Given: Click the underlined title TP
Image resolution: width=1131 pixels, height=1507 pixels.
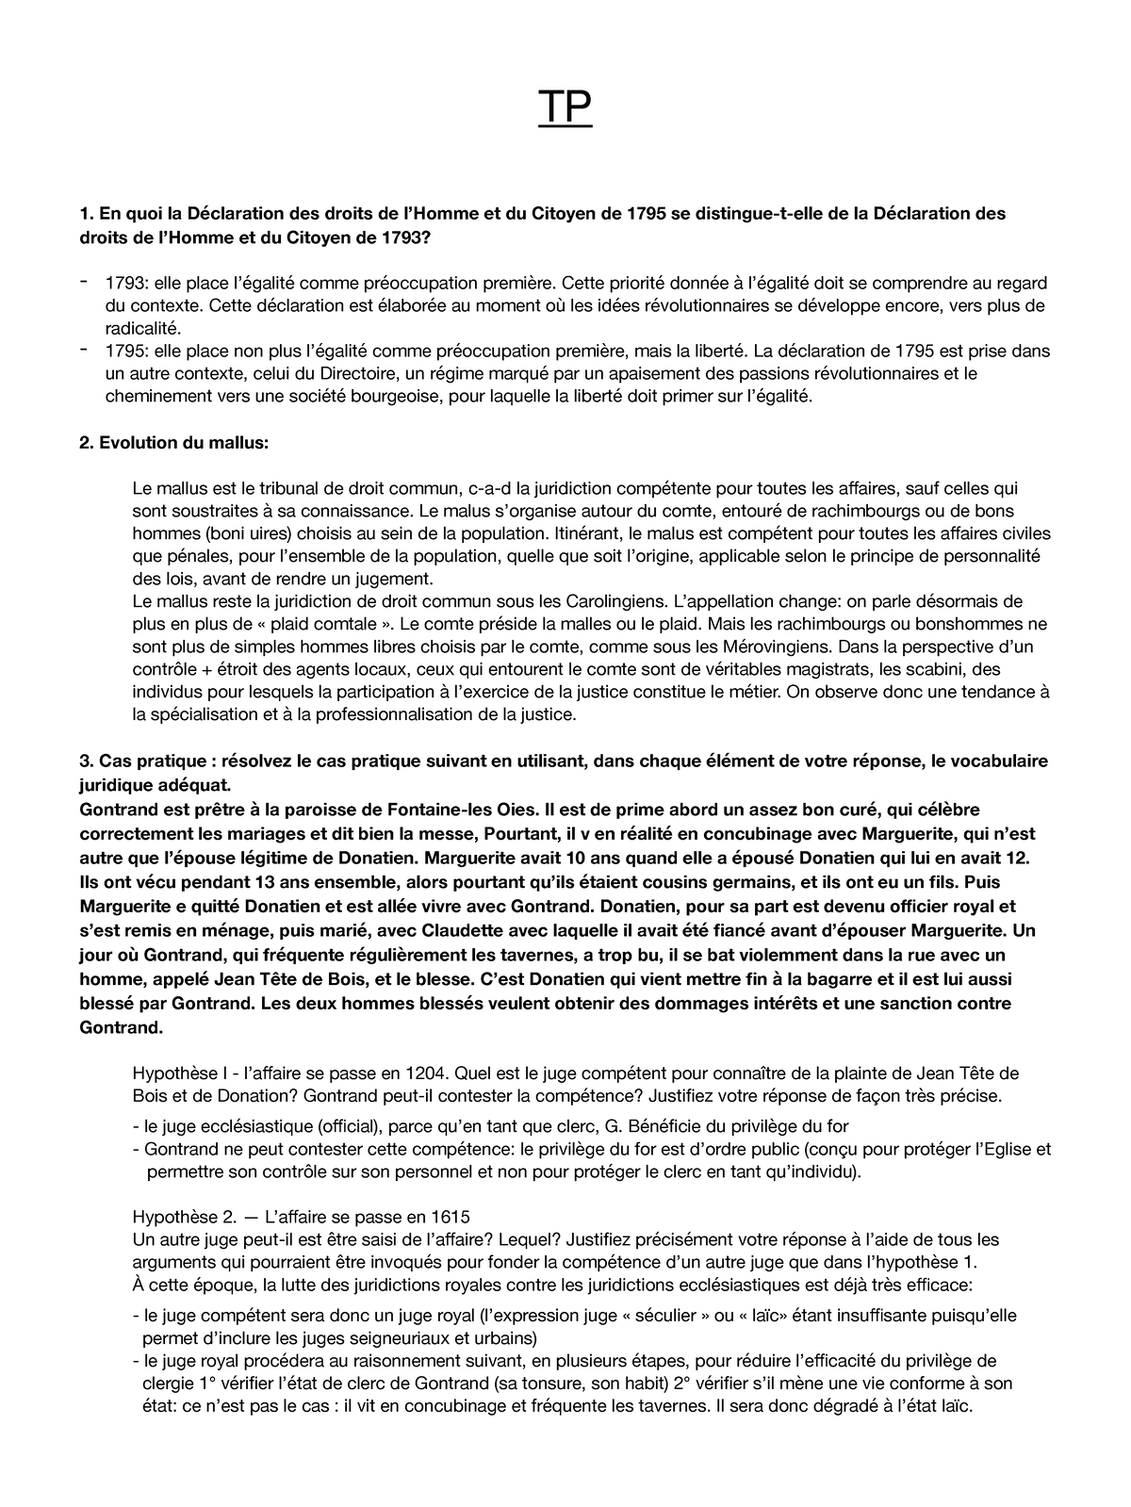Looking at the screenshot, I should [x=565, y=109].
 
